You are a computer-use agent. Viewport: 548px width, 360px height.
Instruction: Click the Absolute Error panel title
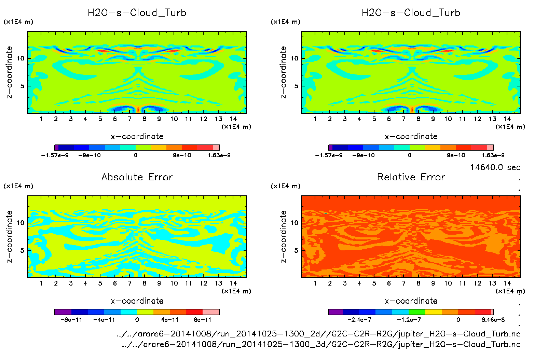[137, 177]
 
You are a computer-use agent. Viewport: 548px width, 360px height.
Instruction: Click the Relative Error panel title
[411, 177]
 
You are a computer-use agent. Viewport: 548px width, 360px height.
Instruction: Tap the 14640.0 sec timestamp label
[495, 167]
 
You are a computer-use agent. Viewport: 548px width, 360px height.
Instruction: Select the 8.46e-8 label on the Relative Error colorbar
[493, 320]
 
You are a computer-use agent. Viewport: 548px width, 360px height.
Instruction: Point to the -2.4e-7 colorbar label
[359, 320]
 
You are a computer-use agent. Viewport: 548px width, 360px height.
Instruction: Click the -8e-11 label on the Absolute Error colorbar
[71, 320]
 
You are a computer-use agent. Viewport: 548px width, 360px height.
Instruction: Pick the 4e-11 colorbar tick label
[170, 320]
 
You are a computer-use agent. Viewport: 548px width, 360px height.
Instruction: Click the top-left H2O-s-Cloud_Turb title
[137, 13]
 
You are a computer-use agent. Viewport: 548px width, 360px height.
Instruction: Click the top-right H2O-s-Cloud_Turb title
[411, 13]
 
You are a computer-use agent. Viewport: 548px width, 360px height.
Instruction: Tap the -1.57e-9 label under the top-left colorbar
[55, 155]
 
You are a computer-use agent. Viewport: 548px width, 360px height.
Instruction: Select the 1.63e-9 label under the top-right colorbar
[493, 155]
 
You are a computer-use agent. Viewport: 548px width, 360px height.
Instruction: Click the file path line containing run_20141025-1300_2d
[318, 334]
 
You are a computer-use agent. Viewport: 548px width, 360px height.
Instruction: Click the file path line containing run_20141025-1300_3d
[321, 344]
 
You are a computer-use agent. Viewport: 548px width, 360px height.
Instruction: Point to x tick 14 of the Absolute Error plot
[233, 283]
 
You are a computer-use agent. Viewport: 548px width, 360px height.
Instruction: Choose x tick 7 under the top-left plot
[129, 119]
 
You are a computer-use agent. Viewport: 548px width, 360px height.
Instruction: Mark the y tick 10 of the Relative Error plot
[294, 223]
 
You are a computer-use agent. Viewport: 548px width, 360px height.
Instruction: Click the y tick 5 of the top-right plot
[296, 86]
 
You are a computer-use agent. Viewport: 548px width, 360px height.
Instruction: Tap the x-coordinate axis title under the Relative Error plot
[411, 301]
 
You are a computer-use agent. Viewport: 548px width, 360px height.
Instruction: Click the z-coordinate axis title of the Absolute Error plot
[10, 236]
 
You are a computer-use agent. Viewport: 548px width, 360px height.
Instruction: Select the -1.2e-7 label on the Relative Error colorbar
[409, 320]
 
